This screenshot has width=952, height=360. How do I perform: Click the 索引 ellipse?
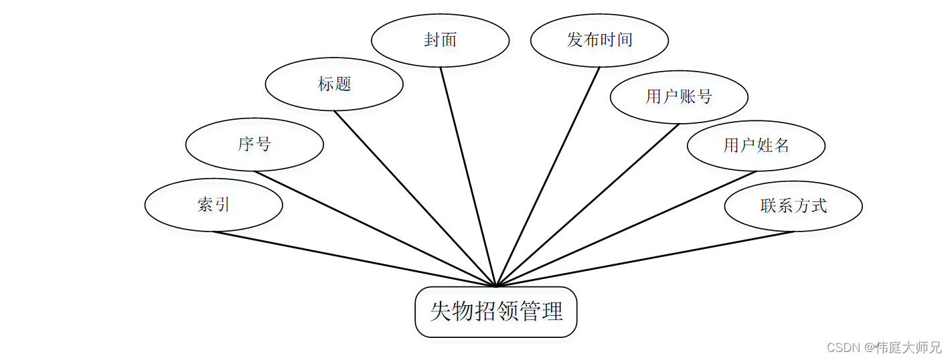coord(214,205)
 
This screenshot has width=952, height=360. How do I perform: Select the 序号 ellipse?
coord(254,145)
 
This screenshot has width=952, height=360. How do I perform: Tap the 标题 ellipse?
coord(334,84)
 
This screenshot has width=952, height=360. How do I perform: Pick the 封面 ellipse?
coord(440,40)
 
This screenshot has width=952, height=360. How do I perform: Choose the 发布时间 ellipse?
coord(599,40)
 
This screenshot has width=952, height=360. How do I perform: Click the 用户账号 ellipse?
coord(679,97)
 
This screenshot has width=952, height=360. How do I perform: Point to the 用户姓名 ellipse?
coord(756,145)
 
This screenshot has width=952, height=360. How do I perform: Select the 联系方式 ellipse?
coord(793,205)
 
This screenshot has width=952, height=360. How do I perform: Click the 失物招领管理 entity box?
coord(495,312)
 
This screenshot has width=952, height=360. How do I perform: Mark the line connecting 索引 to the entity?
coord(355,259)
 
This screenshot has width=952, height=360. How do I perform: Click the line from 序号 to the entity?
coord(375,229)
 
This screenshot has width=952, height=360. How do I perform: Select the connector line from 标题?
coord(415,199)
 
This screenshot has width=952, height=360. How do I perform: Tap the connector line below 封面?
coord(467,177)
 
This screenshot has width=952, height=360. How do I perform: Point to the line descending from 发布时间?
coord(548,177)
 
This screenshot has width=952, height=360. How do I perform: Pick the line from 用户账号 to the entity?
coord(587,205)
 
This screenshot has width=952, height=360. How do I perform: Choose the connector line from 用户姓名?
coord(626,229)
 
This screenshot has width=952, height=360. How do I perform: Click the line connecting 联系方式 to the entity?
coord(645,259)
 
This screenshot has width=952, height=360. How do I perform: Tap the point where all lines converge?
coord(495,286)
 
